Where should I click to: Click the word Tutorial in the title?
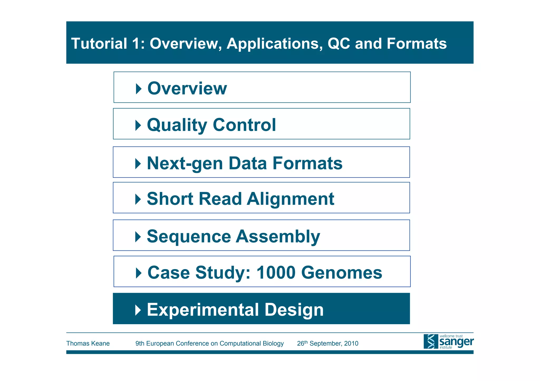99,43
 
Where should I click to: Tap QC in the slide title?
339,43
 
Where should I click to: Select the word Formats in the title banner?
417,43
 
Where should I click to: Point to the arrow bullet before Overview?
138,89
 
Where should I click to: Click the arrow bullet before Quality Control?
138,125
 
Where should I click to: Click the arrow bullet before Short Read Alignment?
138,199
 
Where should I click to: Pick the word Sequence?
189,236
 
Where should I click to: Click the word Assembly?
278,236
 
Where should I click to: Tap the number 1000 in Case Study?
276,273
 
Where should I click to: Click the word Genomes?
341,273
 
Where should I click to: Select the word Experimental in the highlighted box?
203,310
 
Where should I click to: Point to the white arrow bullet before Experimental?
138,310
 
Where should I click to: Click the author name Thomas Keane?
88,343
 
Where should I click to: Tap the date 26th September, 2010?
327,343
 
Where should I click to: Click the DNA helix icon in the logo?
431,342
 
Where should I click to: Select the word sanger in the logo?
456,342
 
